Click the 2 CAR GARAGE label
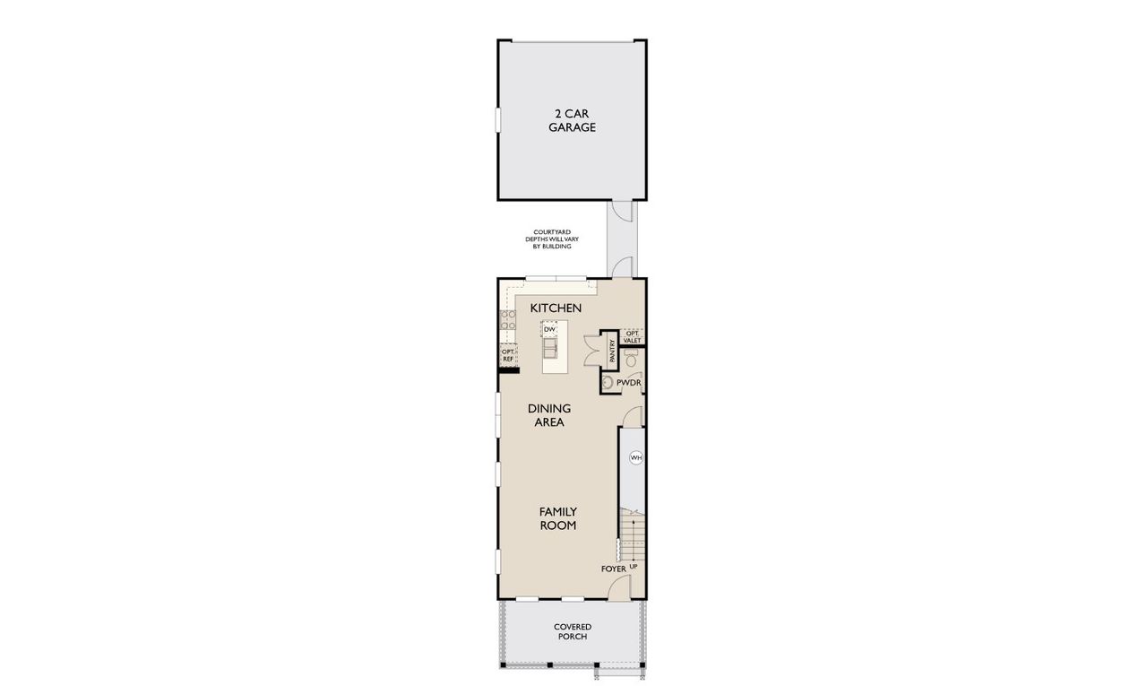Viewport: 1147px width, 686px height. [x=573, y=120]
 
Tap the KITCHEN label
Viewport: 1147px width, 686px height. [x=556, y=308]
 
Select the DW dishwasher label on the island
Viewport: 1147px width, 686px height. [x=549, y=329]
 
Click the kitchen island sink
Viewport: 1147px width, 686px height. [x=549, y=346]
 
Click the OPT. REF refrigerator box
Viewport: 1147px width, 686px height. [x=507, y=355]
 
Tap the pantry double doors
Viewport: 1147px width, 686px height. [x=592, y=349]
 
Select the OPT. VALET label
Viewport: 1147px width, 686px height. [x=632, y=336]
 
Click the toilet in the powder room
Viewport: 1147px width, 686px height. [x=629, y=360]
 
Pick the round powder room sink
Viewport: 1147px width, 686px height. [x=608, y=383]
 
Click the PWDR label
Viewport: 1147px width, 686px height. [x=628, y=383]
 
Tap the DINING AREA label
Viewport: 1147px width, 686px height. [x=548, y=414]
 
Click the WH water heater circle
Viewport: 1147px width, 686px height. [x=635, y=457]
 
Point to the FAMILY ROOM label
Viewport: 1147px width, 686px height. [x=557, y=518]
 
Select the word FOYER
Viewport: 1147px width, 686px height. [x=613, y=569]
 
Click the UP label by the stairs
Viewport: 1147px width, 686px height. [x=633, y=568]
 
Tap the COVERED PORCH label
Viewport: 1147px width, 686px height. [x=572, y=631]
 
